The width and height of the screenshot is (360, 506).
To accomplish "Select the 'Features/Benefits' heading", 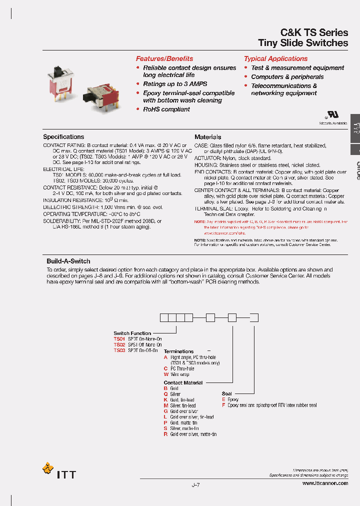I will point(164,58).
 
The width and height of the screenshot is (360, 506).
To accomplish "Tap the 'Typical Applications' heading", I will point(275,58).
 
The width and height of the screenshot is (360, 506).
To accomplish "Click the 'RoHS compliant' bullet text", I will point(166,109).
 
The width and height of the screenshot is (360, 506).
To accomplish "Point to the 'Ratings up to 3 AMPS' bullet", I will point(175,84).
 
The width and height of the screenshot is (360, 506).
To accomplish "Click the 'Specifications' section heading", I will point(63,136).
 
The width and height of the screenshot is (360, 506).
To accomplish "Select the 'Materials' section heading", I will point(207,136).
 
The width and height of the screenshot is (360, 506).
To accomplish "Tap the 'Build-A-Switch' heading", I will point(68,261).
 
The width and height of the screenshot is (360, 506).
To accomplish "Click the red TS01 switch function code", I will point(119,339).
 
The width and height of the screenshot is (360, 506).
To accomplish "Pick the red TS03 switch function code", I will point(119,350).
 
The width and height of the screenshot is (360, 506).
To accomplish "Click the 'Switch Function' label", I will point(132,333).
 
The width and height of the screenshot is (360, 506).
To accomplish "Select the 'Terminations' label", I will point(178,351).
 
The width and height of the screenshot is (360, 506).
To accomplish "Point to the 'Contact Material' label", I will point(183,382).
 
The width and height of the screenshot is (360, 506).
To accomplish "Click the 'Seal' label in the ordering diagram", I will point(227,393).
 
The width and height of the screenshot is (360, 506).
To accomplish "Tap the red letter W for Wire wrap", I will point(166,374).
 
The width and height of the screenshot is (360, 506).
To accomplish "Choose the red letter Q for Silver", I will point(165,394).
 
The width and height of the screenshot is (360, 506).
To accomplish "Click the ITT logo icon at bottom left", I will point(48,469).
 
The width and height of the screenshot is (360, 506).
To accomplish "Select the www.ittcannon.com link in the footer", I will point(325,483).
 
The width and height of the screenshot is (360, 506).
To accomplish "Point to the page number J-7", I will point(195,484).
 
